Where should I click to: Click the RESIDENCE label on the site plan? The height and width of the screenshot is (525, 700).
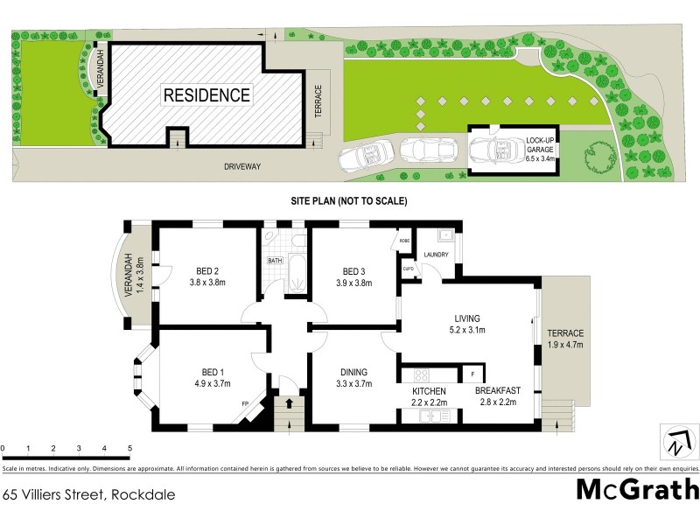206,95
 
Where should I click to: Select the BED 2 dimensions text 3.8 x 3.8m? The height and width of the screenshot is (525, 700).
208,283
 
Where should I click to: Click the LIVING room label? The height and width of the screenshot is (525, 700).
468,318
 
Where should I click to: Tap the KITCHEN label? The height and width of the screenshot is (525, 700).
430,390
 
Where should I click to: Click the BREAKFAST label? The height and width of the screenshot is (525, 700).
499,390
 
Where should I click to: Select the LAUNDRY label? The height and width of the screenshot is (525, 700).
436,255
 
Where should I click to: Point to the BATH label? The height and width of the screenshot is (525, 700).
275,260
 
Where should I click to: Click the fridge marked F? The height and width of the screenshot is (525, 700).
472,374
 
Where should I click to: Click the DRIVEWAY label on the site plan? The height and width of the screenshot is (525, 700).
241,164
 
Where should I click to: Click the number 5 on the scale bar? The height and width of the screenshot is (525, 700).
129,448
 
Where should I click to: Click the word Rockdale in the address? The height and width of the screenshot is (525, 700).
142,494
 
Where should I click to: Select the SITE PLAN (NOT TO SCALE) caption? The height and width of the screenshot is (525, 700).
349,201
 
